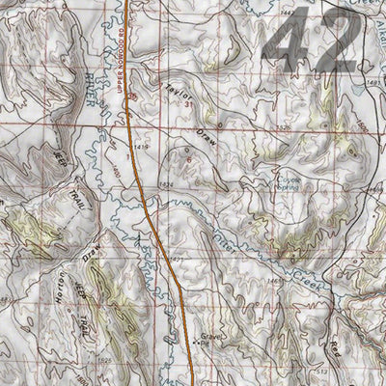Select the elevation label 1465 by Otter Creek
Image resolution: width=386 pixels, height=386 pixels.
point(273,281)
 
